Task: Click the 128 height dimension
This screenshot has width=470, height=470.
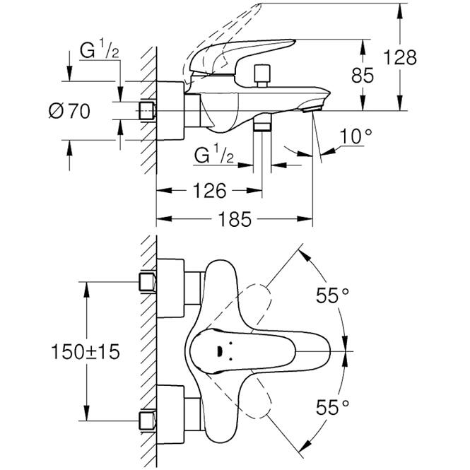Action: (x=400, y=57)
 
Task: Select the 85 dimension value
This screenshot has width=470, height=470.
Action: (x=363, y=75)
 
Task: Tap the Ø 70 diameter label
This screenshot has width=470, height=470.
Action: (x=69, y=111)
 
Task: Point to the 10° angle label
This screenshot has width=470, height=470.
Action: (x=356, y=136)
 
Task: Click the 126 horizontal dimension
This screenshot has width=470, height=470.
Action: (x=209, y=190)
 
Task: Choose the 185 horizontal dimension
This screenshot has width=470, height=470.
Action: (x=235, y=219)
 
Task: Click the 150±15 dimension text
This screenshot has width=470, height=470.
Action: (x=86, y=351)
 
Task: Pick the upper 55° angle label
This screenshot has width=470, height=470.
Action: (x=332, y=295)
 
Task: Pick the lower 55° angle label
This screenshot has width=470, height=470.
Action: (x=332, y=407)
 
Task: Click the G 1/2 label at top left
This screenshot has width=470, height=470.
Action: (x=99, y=49)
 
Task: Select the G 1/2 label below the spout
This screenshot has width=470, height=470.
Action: (x=213, y=155)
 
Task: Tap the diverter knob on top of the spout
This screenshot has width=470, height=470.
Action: (x=262, y=76)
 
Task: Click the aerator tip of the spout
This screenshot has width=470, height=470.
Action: (x=312, y=109)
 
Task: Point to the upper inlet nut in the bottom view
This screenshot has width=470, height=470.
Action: (x=148, y=282)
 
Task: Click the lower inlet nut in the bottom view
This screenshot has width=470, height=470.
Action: (x=148, y=421)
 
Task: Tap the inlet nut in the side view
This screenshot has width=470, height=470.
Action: (x=147, y=110)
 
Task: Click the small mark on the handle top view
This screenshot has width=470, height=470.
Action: (x=219, y=351)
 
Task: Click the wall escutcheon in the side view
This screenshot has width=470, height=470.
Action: (x=170, y=110)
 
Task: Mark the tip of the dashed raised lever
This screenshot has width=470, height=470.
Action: (x=260, y=4)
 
